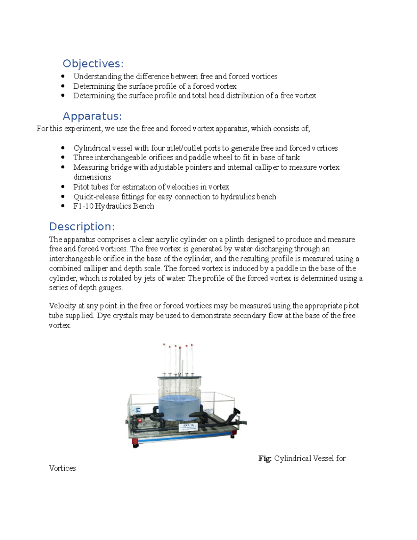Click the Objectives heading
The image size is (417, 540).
point(93,64)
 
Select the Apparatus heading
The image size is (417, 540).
point(92,116)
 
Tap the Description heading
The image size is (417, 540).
point(82,226)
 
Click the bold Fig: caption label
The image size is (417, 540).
point(265,458)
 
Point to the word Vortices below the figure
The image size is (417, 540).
point(62,468)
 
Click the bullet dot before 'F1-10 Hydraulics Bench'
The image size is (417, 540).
point(63,206)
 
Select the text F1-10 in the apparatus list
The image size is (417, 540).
point(83,206)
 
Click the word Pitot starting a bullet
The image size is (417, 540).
point(81,187)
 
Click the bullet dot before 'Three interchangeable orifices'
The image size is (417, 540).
point(63,158)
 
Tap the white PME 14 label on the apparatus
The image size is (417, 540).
point(188,427)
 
